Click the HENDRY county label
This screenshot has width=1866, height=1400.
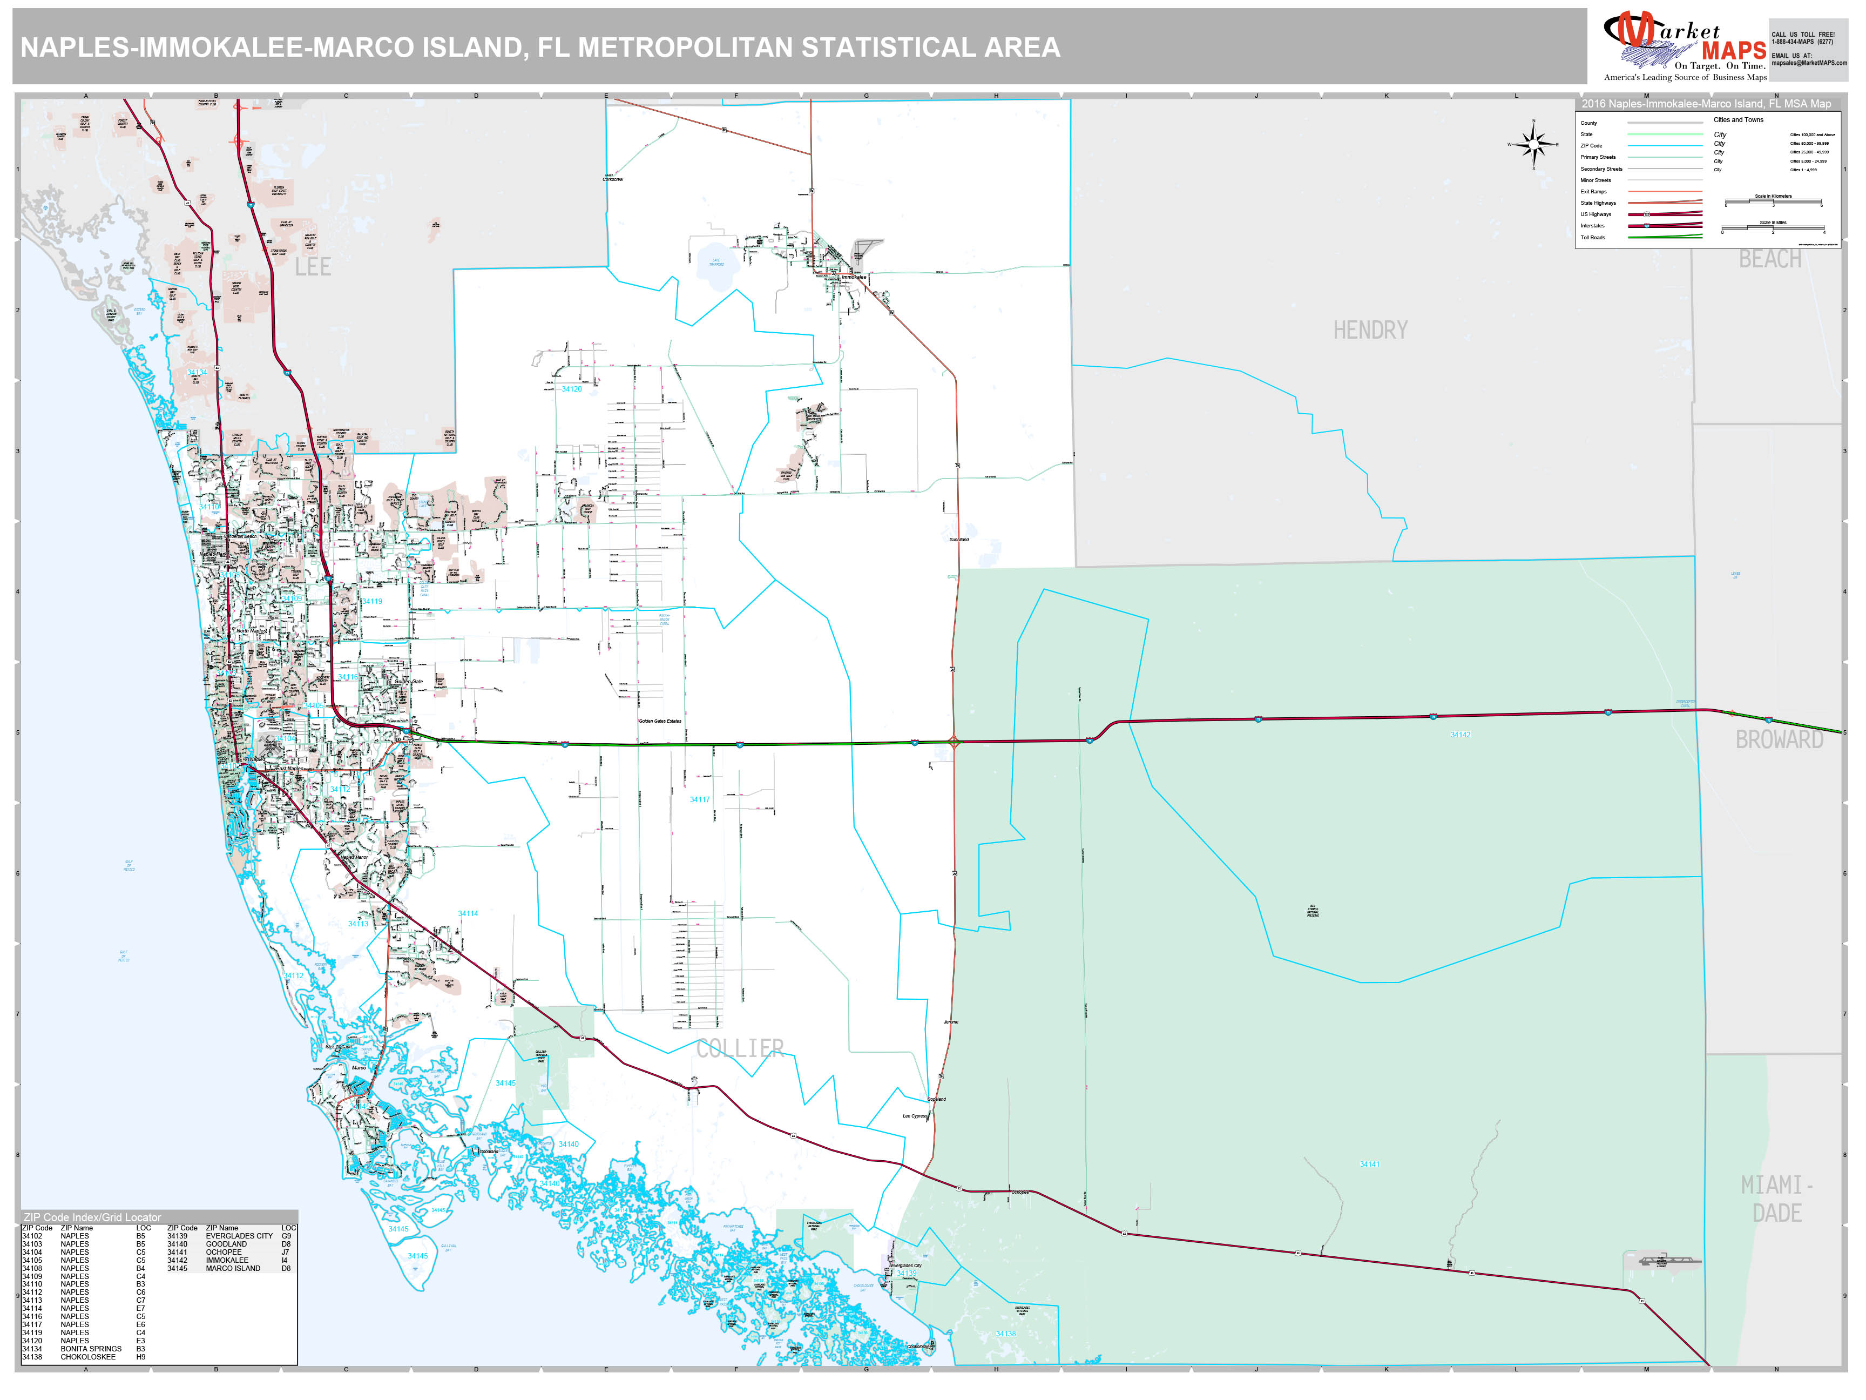[x=1369, y=330]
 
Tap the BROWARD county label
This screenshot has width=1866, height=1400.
[x=1779, y=739]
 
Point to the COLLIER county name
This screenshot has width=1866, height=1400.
[x=740, y=1048]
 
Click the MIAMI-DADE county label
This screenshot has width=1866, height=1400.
[x=1776, y=1199]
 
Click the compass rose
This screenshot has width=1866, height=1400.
[x=1533, y=145]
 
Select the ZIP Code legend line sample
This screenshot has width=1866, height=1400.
[x=1665, y=146]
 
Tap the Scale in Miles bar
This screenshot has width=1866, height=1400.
[x=1773, y=230]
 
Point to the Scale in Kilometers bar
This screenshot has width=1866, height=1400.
[x=1773, y=203]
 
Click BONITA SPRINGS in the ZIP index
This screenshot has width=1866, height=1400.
[x=91, y=1349]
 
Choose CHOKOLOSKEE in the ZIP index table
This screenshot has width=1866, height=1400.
[x=87, y=1357]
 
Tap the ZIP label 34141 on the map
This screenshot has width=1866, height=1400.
[x=1369, y=1165]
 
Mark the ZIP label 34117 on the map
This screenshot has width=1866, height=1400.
[x=699, y=799]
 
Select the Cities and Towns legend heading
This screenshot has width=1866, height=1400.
[x=1738, y=120]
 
